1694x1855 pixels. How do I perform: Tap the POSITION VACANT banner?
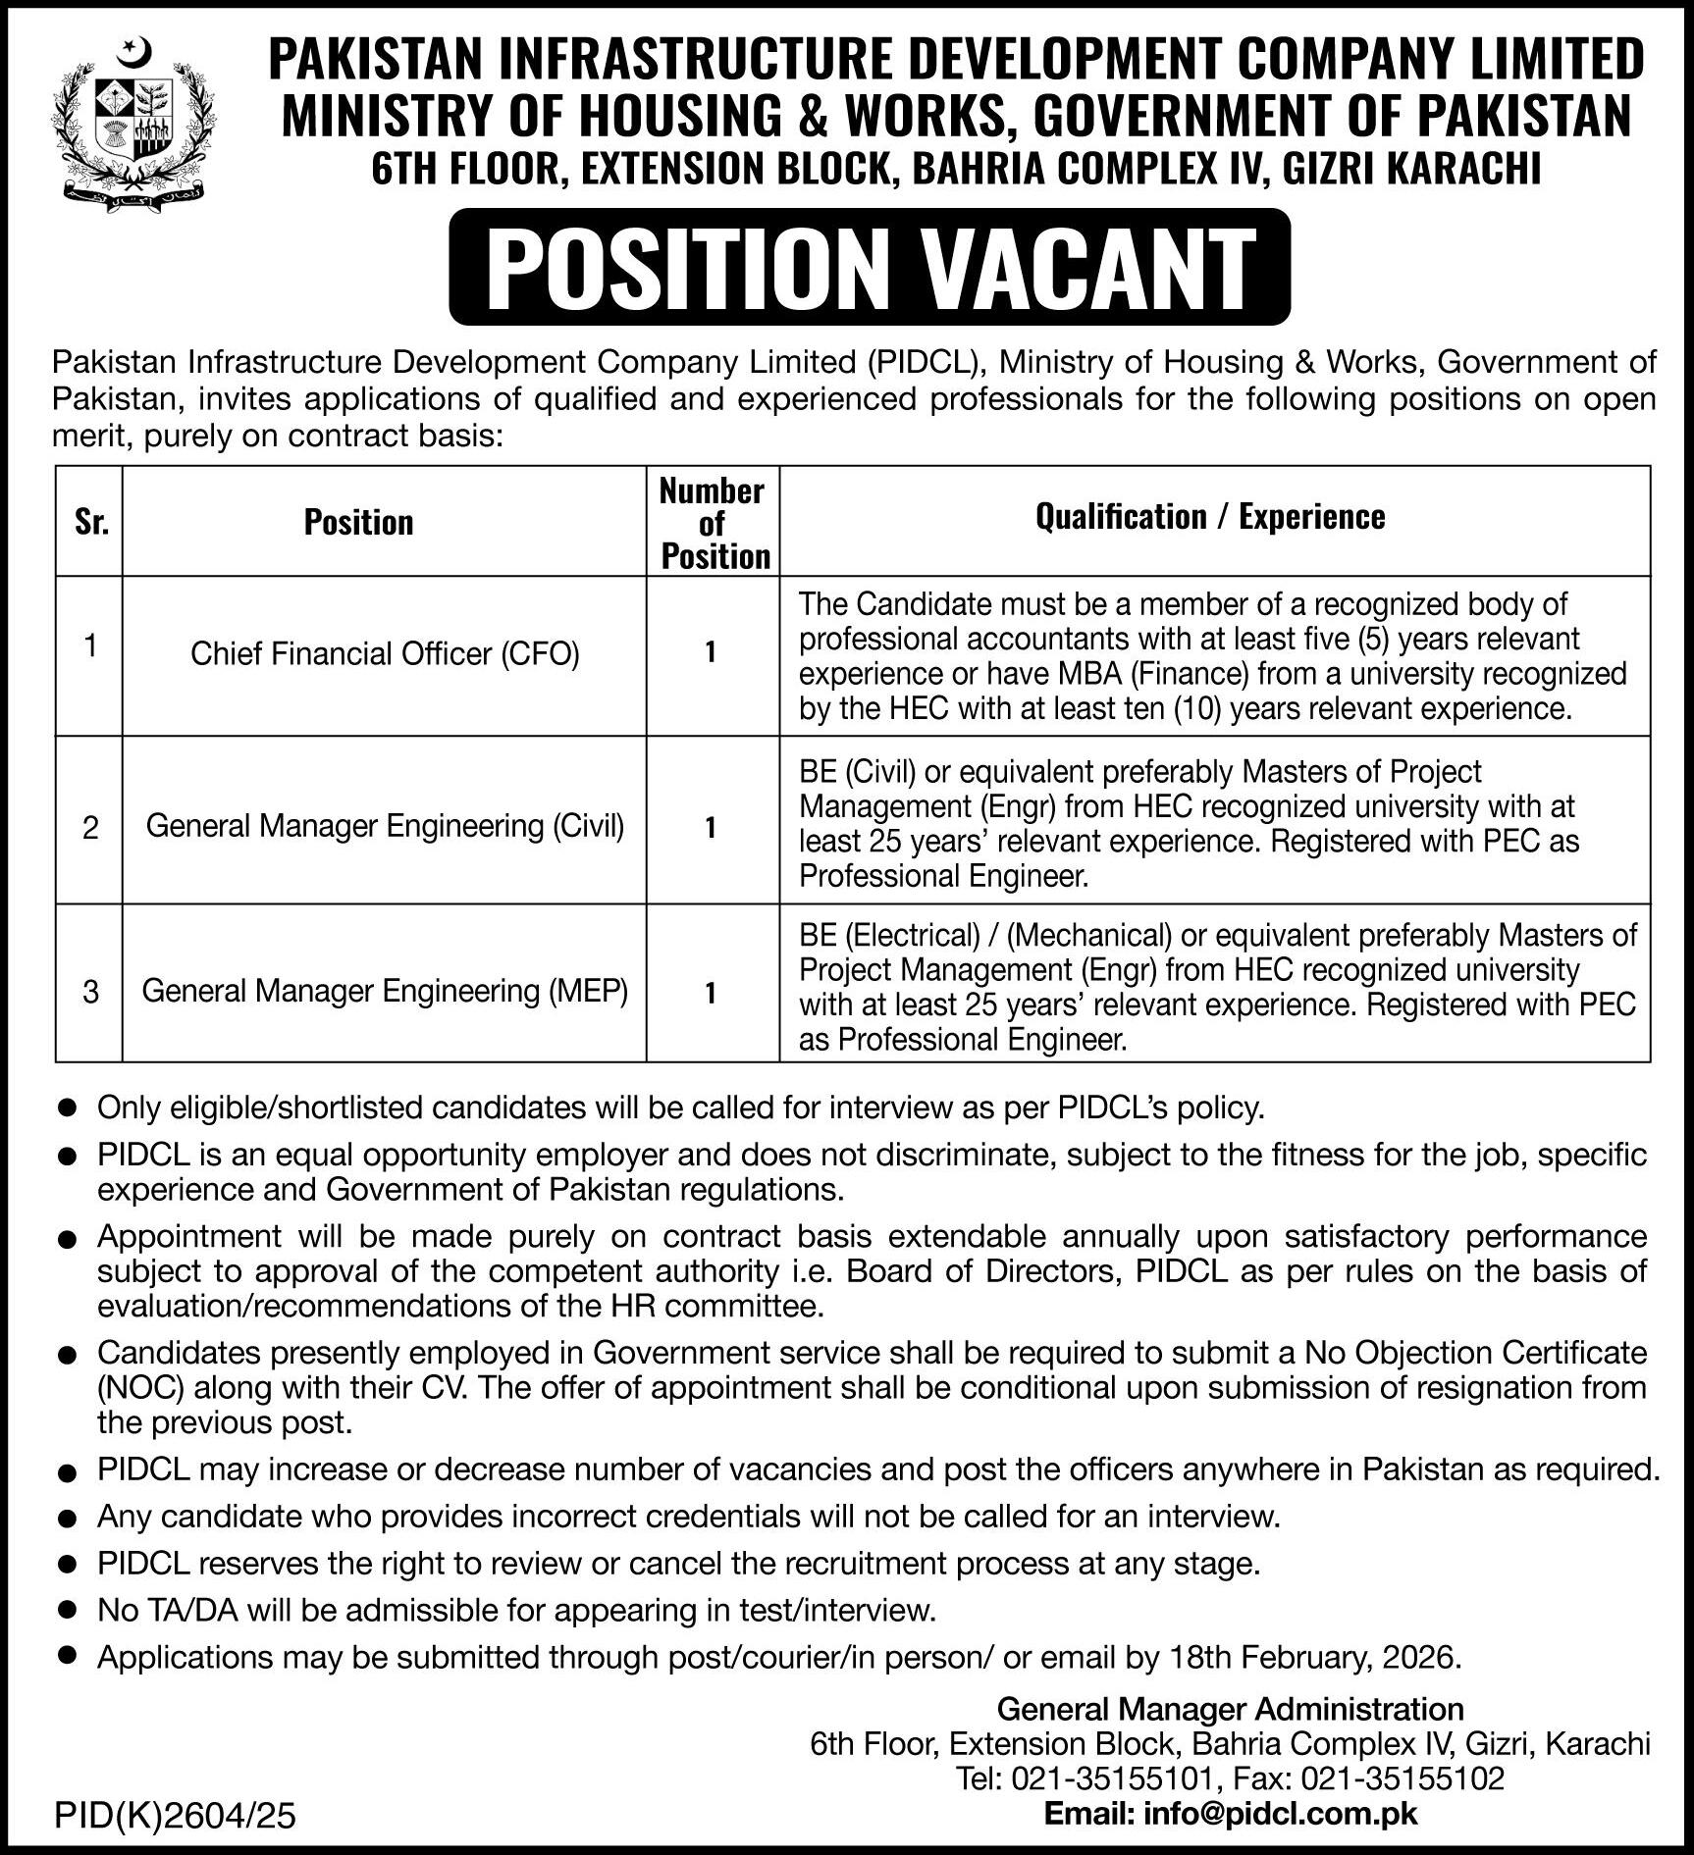(x=870, y=267)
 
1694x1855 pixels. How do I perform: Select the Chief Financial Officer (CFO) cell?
(x=385, y=654)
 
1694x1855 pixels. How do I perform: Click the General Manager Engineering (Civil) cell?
(x=385, y=827)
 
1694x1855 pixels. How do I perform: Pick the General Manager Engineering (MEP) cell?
(x=385, y=991)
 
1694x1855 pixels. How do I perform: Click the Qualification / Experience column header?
(x=1210, y=517)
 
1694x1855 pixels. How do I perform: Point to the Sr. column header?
(x=91, y=523)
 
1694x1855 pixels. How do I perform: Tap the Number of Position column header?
(x=713, y=523)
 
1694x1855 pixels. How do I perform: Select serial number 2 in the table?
(x=90, y=829)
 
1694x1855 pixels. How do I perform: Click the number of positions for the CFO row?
(x=711, y=653)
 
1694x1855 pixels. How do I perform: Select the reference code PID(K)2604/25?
(x=176, y=1818)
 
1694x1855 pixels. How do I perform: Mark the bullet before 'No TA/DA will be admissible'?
(x=67, y=1611)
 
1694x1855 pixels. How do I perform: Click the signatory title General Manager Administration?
(x=1230, y=1709)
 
